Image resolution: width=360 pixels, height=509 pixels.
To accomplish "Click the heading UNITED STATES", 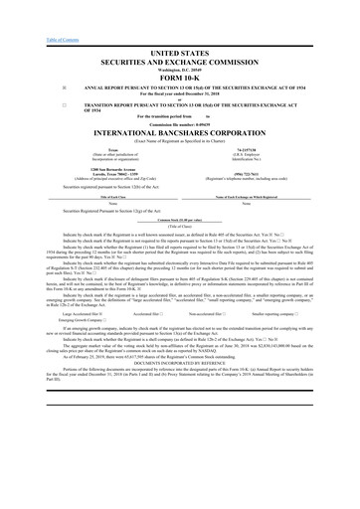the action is coord(179,50).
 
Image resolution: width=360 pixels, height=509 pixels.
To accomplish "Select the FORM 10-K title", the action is coord(179,75).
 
